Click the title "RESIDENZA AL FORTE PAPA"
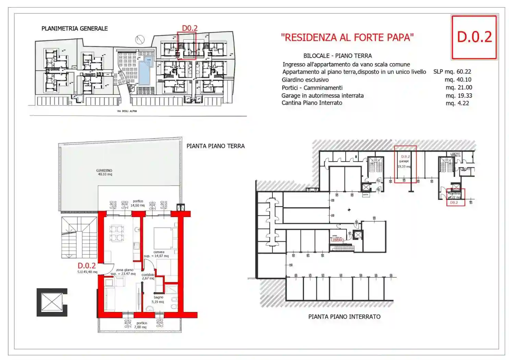(347, 37)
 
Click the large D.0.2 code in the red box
(474, 37)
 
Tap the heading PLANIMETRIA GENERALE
(74, 28)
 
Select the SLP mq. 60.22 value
(452, 72)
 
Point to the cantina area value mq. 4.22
(457, 103)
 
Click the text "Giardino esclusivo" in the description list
(305, 80)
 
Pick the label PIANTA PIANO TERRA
(215, 146)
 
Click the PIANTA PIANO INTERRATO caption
(344, 317)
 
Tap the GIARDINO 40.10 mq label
(104, 172)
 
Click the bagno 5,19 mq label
(158, 300)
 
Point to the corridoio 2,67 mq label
(148, 276)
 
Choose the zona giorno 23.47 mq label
(124, 272)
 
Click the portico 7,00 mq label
(141, 325)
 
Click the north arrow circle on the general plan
(140, 40)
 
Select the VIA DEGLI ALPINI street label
(127, 111)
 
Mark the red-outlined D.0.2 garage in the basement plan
(405, 164)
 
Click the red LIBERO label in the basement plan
(337, 240)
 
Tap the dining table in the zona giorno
(117, 233)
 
